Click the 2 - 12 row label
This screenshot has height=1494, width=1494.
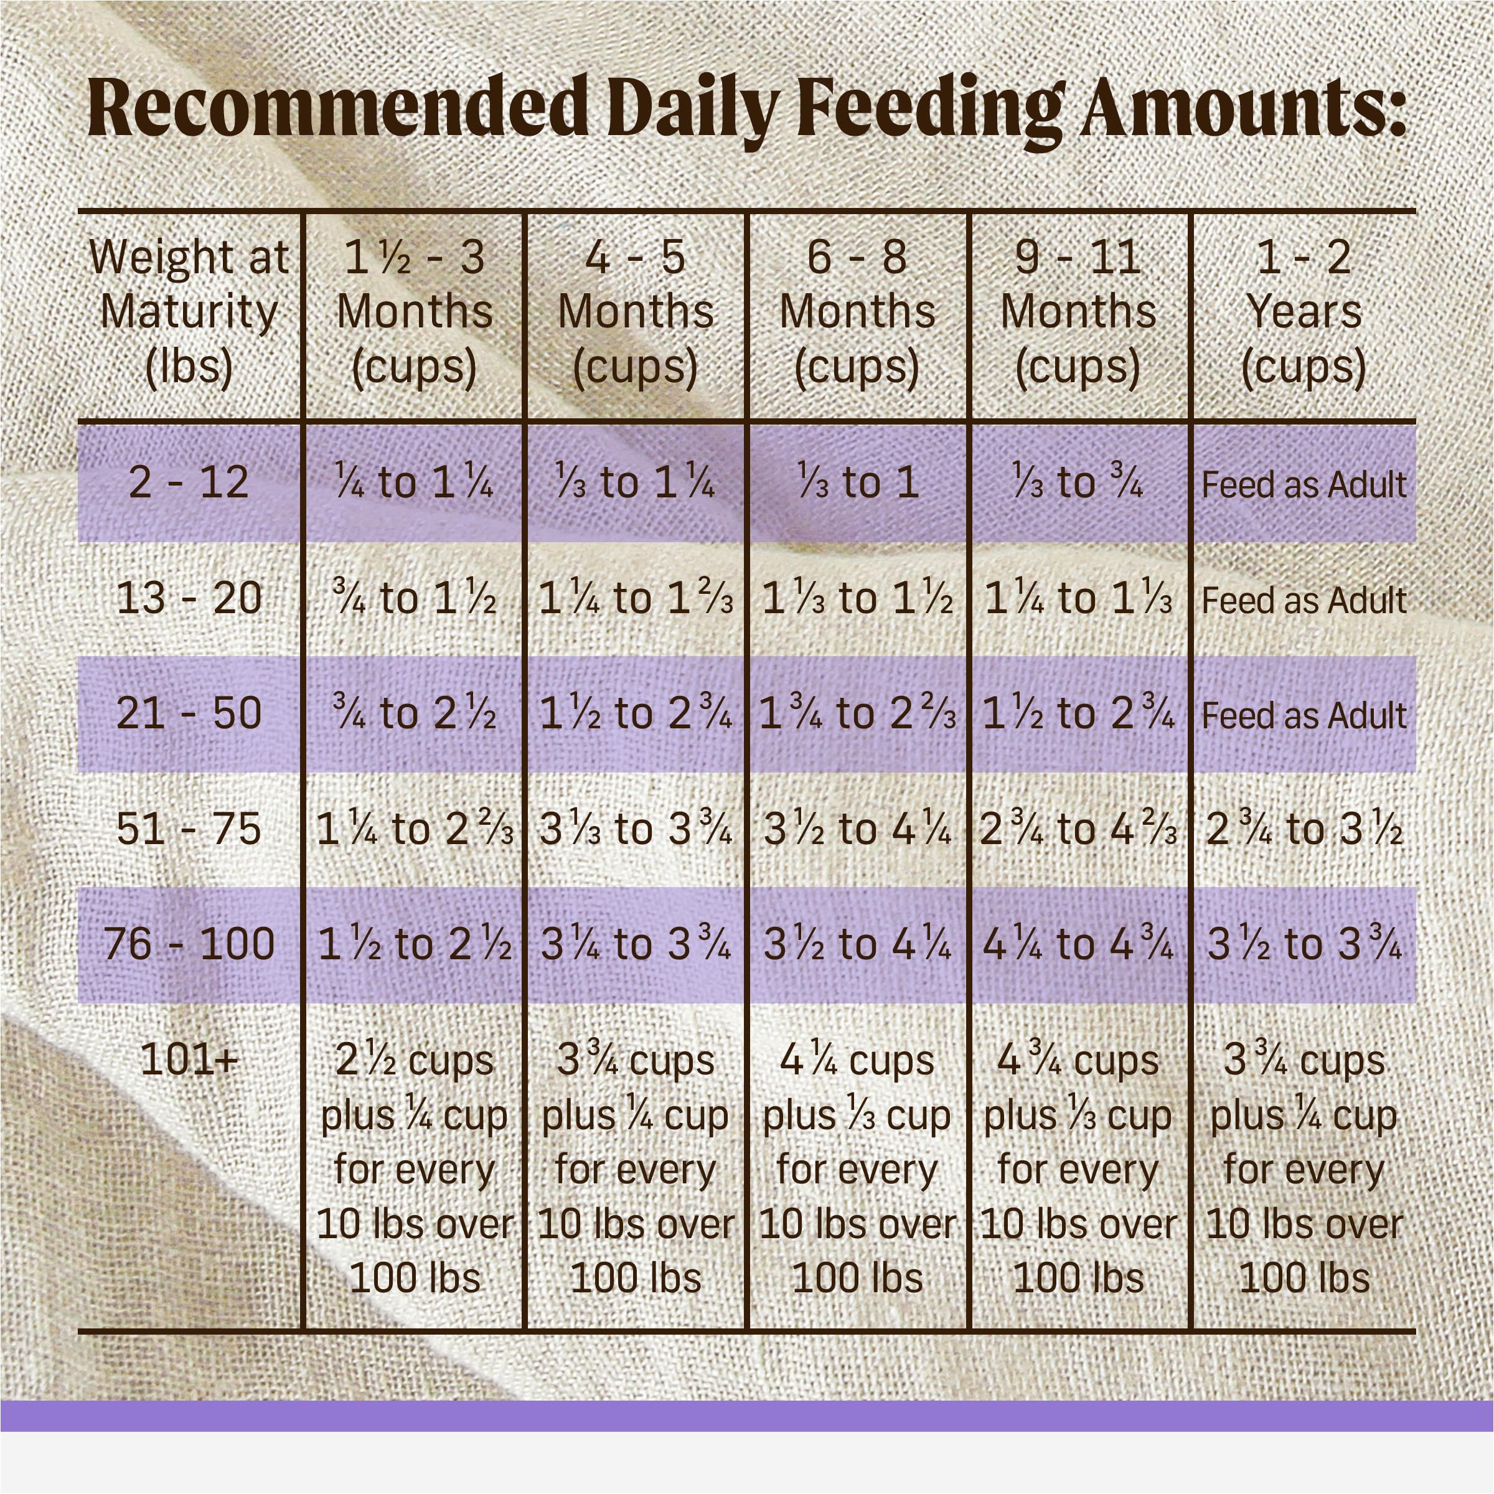189,482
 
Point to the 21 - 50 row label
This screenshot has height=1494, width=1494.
189,713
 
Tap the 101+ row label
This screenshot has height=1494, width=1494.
189,1060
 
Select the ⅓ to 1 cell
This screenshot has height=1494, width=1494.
857,482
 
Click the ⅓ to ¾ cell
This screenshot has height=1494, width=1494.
1079,482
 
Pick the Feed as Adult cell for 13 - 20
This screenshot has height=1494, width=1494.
1304,600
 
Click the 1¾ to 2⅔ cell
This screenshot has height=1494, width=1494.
857,713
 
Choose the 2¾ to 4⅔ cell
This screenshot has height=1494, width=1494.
1079,829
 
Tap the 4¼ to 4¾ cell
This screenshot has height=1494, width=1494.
1079,944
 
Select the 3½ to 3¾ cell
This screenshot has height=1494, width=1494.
1304,944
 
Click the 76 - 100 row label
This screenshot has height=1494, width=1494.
189,944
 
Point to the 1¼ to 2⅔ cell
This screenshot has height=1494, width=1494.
415,829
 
